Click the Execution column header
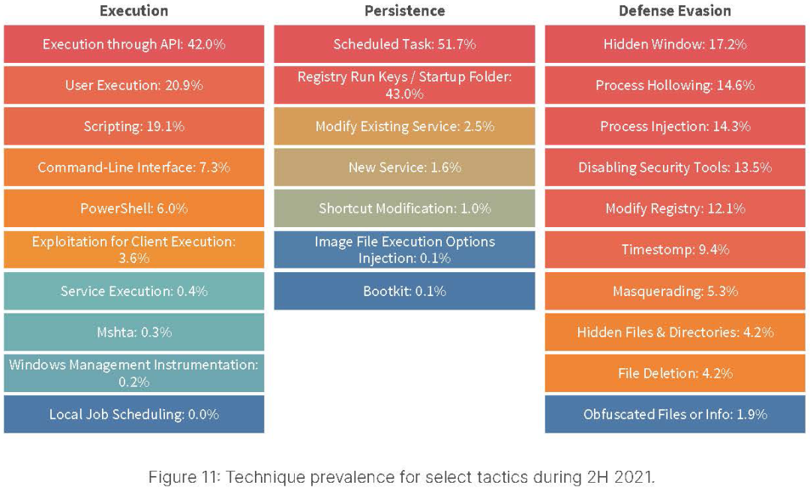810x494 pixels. [x=133, y=10]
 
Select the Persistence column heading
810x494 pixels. [x=404, y=10]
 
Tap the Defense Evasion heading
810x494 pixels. [x=674, y=10]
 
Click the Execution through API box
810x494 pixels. [x=133, y=44]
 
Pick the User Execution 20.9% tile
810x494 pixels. [x=133, y=85]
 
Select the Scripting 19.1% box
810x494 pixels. [x=133, y=126]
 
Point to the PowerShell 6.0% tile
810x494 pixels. [x=133, y=208]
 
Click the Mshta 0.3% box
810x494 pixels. [x=133, y=331]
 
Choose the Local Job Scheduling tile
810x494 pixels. [x=133, y=414]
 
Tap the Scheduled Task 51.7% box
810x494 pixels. [x=404, y=44]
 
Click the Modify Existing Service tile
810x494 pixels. [x=404, y=126]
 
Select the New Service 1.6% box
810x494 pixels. [x=404, y=167]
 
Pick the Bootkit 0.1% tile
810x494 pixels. [x=404, y=291]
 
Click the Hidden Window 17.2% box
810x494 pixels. [x=674, y=44]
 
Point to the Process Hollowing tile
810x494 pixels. [x=674, y=85]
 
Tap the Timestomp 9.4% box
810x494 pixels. [x=674, y=250]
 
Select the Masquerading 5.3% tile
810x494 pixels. [x=674, y=291]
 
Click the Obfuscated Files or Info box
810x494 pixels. [x=674, y=414]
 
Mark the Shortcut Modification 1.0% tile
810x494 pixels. [x=404, y=208]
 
